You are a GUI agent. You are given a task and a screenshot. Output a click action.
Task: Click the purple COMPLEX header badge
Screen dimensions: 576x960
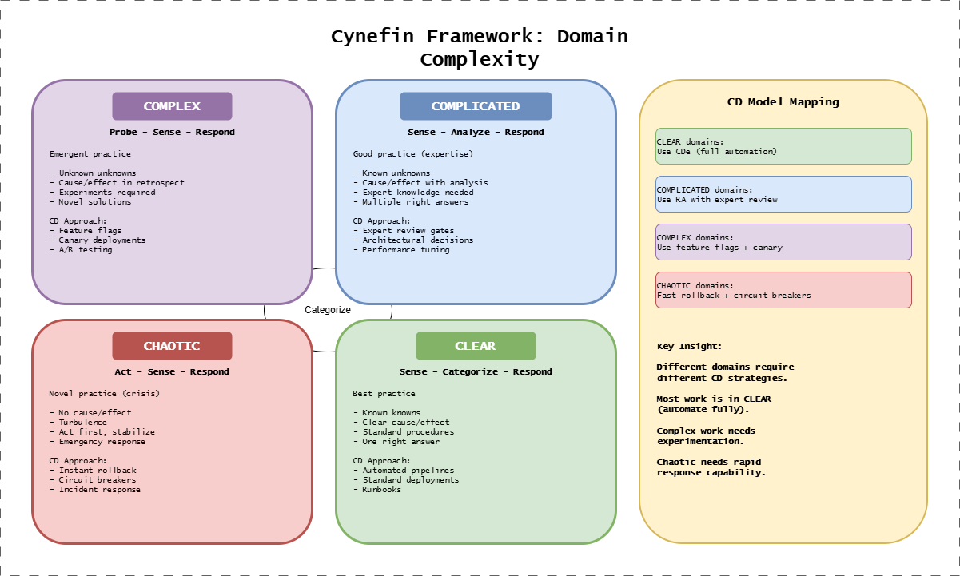pos(172,106)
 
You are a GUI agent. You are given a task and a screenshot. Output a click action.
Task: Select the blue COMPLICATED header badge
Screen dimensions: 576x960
pos(476,106)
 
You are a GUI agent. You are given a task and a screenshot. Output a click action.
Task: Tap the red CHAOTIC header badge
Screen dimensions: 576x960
pos(172,346)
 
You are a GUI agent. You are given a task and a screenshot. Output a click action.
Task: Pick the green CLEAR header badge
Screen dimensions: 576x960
pos(476,346)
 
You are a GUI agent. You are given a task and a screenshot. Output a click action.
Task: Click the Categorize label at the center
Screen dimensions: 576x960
pos(328,310)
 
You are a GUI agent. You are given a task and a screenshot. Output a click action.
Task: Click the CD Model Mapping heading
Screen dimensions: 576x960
pos(783,101)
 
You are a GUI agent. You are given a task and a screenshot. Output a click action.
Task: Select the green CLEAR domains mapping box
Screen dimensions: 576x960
pos(783,146)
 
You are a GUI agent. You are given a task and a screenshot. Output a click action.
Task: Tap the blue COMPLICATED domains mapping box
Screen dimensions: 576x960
pos(783,194)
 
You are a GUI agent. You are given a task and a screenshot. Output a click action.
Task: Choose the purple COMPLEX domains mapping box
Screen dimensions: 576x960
pos(783,242)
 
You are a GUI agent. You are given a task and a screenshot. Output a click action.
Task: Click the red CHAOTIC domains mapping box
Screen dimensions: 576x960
pos(783,290)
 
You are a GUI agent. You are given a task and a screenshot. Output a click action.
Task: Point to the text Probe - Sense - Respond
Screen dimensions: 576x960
pos(172,132)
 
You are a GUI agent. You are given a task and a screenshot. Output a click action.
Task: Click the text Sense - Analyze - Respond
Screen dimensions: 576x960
pos(476,132)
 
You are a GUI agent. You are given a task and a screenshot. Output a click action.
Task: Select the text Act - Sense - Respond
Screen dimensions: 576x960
pos(172,371)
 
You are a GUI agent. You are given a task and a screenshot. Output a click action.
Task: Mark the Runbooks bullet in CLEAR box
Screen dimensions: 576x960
pos(380,489)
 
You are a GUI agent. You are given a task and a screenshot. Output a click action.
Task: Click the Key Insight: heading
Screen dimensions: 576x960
pos(689,346)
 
